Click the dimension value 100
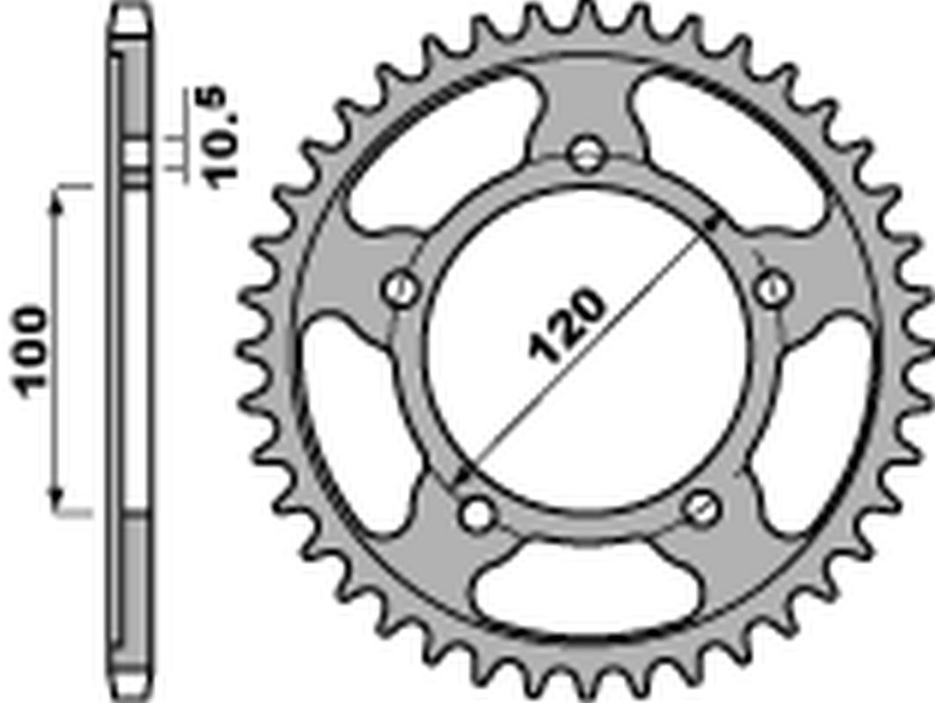[x=33, y=351]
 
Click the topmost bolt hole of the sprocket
[x=586, y=156]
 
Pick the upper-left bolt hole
[x=402, y=287]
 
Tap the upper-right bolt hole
[x=772, y=286]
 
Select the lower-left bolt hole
[x=478, y=512]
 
